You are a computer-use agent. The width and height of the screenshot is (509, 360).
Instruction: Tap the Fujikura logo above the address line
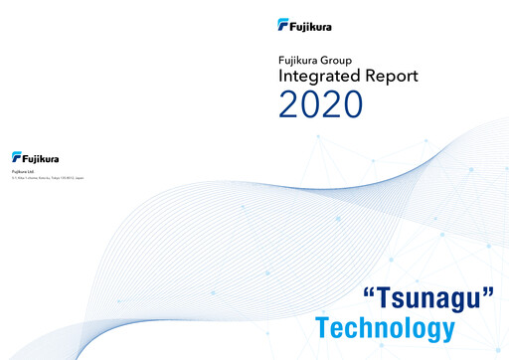tap(36, 157)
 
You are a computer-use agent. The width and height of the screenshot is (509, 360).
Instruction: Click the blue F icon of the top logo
tap(283, 25)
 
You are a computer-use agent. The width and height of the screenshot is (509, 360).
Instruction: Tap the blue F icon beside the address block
tap(17, 157)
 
